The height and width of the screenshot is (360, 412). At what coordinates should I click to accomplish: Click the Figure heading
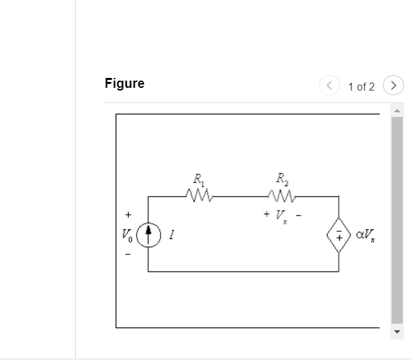(124, 84)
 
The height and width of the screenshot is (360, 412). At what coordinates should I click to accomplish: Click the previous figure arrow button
(328, 86)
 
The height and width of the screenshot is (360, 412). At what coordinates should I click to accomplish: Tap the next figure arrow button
(393, 86)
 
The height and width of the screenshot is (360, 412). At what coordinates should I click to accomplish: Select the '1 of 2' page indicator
(361, 87)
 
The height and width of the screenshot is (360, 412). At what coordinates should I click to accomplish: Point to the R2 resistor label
(282, 178)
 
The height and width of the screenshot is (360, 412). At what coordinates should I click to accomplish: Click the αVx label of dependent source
(366, 234)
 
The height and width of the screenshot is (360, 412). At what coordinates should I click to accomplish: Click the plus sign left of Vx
(265, 214)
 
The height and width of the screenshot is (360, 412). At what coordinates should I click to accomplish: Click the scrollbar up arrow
(397, 110)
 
